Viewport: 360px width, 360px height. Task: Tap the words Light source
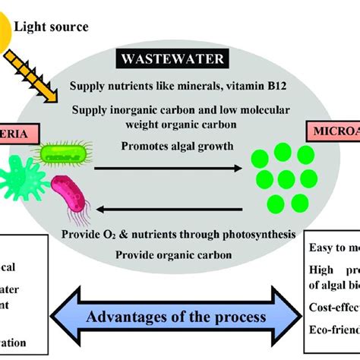pos(55,27)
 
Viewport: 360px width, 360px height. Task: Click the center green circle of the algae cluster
pos(283,178)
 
